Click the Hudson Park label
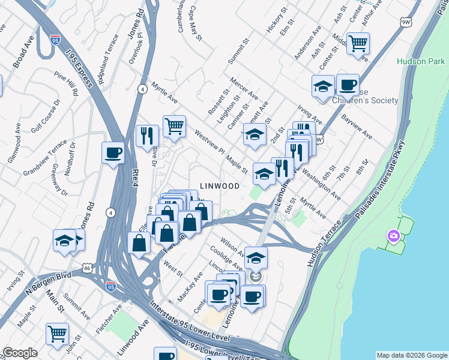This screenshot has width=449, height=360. tap(420, 61)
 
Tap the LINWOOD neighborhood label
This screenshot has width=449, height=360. tap(220, 186)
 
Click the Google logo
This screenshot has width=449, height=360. tap(20, 353)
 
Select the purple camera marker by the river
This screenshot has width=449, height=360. tap(393, 235)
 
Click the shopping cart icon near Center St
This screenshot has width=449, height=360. tap(358, 43)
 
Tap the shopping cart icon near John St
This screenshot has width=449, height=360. tap(57, 333)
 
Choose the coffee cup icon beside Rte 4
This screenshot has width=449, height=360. tap(113, 152)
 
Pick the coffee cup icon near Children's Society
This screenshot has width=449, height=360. tap(348, 85)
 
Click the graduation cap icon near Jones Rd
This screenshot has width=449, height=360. tap(64, 240)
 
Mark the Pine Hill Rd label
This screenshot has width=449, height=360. tap(66, 84)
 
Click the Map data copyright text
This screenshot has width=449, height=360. tap(411, 355)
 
